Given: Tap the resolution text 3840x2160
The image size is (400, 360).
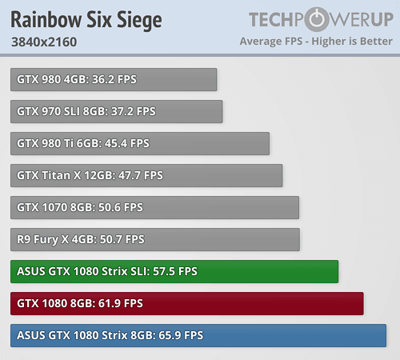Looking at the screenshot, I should coord(44,42).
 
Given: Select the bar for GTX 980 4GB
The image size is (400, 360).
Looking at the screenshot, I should coord(114,79).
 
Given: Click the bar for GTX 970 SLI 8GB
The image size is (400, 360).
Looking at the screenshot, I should coord(117,111).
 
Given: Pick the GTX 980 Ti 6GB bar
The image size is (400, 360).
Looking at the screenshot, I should coord(140,143).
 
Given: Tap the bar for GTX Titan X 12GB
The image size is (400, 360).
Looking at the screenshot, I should coord(146,175).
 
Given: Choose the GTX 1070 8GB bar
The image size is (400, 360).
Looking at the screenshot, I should coord(155,207).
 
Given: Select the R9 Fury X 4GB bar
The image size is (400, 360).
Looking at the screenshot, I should coord(155,239).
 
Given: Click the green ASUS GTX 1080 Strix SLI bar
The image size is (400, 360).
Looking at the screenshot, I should coord(174,271).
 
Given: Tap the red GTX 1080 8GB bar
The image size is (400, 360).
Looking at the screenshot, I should coord(187,303).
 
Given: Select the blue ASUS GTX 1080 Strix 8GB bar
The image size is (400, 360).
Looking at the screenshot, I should coord(198,335).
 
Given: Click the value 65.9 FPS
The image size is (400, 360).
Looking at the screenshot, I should coord(182,335).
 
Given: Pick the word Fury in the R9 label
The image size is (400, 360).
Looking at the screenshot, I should coord(45,239).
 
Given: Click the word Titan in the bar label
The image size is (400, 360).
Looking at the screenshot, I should coord(52,175).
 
